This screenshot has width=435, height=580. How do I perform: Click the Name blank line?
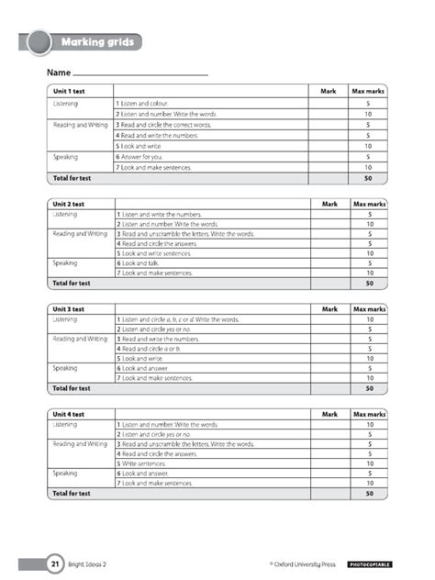[140, 73]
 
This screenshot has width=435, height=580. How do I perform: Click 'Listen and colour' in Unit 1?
[142, 104]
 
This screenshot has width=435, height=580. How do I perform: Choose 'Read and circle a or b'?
[152, 349]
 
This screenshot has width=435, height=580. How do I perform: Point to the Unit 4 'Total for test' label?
[72, 494]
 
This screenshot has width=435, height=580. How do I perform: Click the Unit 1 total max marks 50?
[369, 178]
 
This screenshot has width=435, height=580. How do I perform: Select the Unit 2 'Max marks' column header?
[369, 204]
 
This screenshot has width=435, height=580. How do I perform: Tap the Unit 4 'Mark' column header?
[329, 415]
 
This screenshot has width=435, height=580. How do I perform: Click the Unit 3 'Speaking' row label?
[65, 368]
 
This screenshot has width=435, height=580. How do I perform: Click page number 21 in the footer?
[30, 564]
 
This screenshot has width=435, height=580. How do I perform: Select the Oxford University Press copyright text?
[302, 564]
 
